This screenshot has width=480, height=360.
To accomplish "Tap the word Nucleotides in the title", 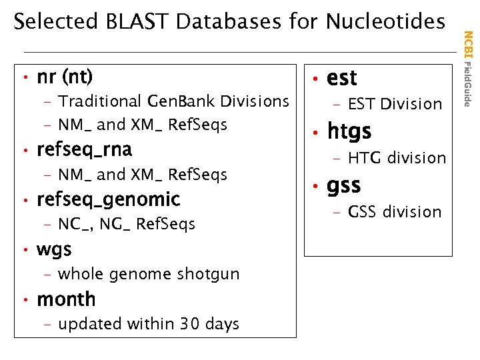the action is click(385, 22).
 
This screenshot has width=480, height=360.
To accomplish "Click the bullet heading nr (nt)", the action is click(65, 77).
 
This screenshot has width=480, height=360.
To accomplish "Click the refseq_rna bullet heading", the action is click(85, 149).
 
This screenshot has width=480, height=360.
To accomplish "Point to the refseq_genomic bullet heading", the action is click(109, 199).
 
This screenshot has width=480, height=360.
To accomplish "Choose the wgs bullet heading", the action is click(54, 249).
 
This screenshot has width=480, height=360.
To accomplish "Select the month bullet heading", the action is click(66, 299).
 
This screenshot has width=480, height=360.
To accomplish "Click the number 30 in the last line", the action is click(189, 324).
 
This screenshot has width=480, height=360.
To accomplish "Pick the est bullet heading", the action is click(342, 78).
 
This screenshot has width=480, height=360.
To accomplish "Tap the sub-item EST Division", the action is click(395, 104).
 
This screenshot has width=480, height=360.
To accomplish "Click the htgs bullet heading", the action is click(349, 131).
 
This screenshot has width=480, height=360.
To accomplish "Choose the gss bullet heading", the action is click(343, 185).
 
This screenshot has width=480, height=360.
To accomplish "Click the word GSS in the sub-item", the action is click(363, 212).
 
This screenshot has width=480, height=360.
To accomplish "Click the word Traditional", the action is click(99, 101).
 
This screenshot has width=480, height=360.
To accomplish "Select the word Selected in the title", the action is click(57, 22).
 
